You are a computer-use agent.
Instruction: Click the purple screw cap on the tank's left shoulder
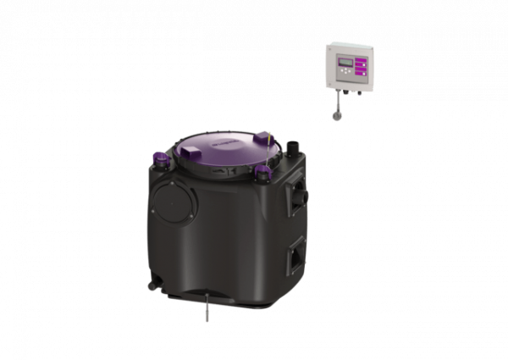pos(157,157)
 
